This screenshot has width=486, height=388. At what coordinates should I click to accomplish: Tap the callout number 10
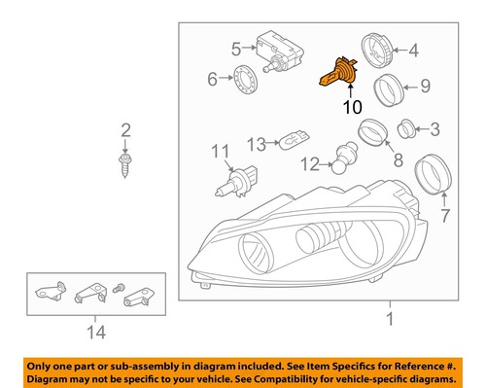pos(350,107)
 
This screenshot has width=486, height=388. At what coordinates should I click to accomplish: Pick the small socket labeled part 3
pos(407,128)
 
